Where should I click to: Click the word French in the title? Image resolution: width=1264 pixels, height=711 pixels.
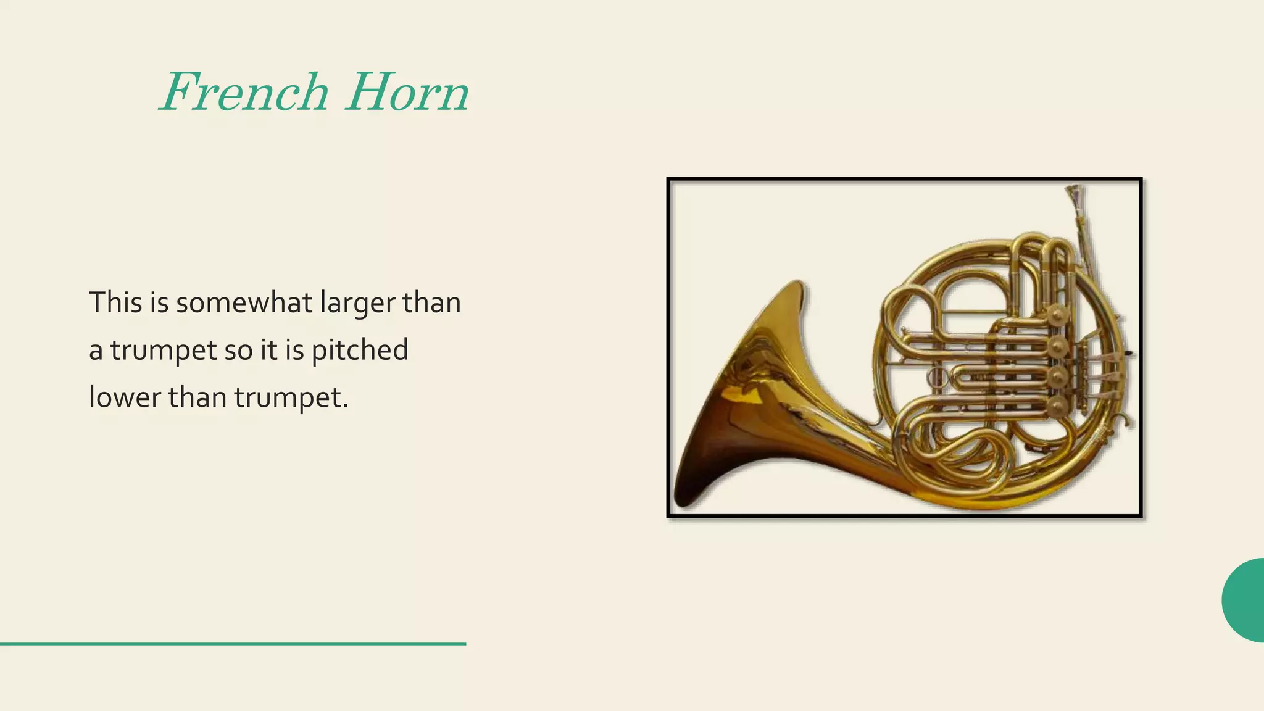(244, 93)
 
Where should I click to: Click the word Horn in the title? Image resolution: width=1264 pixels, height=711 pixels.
(407, 93)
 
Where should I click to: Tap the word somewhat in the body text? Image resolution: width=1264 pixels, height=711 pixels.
(244, 303)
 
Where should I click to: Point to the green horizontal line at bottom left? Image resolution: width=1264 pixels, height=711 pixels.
(233, 644)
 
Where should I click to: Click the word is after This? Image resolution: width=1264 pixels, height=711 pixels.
(159, 302)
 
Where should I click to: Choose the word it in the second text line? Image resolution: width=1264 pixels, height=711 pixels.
(268, 351)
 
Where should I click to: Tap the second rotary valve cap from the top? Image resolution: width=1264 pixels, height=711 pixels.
(1058, 346)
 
